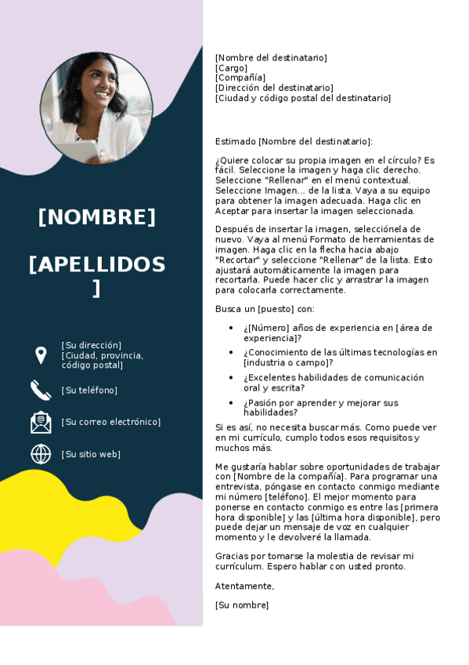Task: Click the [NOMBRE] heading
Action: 97,217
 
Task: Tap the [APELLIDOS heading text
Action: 97,265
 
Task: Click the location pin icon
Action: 41,355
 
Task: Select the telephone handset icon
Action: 41,390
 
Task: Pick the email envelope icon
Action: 41,422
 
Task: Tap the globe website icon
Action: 41,454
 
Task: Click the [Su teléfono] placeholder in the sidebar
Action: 89,391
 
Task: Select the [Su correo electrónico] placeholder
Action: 110,422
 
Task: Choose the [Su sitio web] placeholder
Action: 91,454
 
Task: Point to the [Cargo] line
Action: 231,68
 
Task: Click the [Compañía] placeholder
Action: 240,78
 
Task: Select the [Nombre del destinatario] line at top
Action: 271,58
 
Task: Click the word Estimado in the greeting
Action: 235,141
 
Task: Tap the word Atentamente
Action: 244,586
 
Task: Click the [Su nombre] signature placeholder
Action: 241,605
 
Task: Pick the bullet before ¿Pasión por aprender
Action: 230,403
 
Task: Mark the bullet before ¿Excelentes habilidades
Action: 230,378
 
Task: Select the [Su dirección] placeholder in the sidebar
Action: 92,345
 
